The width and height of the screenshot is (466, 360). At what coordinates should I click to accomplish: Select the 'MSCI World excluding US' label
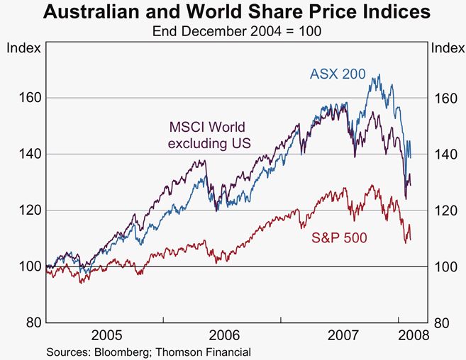coord(207,136)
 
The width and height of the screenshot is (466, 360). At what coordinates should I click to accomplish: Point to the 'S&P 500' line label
coord(340,239)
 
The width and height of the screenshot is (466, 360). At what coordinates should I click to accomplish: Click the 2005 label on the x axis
coord(104,334)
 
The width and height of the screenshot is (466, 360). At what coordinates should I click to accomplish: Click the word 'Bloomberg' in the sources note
coord(118,351)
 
